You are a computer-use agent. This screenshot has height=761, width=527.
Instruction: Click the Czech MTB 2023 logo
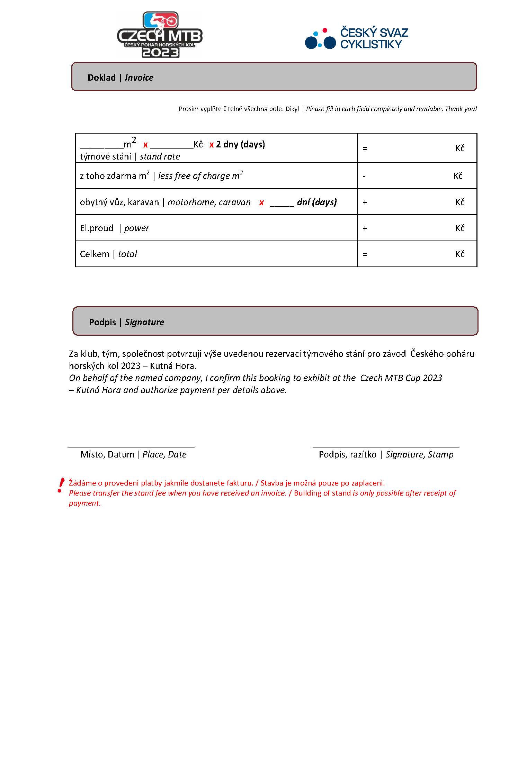pyautogui.click(x=160, y=35)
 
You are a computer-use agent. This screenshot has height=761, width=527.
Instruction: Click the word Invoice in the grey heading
pyautogui.click(x=139, y=78)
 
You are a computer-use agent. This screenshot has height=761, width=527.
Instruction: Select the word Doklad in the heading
pyautogui.click(x=101, y=78)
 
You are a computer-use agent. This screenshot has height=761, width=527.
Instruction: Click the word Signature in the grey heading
pyautogui.click(x=144, y=322)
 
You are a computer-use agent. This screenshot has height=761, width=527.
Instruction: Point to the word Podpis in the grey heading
pyautogui.click(x=102, y=322)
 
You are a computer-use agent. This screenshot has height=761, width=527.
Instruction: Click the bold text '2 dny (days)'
pyautogui.click(x=240, y=144)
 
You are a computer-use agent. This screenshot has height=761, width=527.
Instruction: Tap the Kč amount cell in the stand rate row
pyautogui.click(x=417, y=148)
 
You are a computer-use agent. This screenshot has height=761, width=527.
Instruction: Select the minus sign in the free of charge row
pyautogui.click(x=364, y=176)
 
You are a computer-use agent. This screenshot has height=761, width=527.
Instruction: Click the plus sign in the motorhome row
pyautogui.click(x=365, y=202)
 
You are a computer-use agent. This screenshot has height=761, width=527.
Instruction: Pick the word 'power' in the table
pyautogui.click(x=136, y=228)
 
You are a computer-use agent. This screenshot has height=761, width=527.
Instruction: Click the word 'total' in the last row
pyautogui.click(x=127, y=254)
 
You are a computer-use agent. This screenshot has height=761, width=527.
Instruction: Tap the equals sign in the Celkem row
pyautogui.click(x=365, y=254)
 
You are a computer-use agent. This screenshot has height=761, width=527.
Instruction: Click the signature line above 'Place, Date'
pyautogui.click(x=131, y=447)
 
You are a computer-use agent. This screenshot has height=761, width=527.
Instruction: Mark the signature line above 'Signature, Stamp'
pyautogui.click(x=386, y=447)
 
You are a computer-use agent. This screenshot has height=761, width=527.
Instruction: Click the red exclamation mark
pyautogui.click(x=61, y=485)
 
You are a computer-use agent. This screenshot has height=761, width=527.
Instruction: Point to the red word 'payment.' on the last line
pyautogui.click(x=85, y=504)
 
